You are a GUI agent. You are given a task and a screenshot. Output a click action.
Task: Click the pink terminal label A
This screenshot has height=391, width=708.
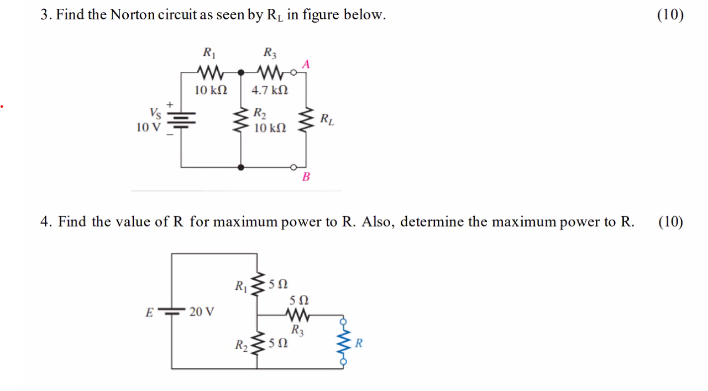pos(305,64)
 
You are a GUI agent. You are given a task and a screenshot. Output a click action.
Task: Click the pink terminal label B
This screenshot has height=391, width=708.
pos(306,177)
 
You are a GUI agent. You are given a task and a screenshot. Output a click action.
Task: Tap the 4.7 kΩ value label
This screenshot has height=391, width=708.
pos(270,90)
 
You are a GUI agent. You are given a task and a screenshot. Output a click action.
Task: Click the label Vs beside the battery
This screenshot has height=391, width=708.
pos(155,113)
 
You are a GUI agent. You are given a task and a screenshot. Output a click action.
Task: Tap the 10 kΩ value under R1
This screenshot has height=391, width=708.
pos(211,90)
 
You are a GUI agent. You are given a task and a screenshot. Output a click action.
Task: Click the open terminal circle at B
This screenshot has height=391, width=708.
pos(295,166)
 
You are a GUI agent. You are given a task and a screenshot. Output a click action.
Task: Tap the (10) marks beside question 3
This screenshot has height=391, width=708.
pos(670,15)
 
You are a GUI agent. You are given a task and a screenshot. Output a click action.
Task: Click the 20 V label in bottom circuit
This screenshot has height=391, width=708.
pos(202,311)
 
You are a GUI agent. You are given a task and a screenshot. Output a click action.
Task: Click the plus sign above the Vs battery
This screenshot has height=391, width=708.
pos(171,103)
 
